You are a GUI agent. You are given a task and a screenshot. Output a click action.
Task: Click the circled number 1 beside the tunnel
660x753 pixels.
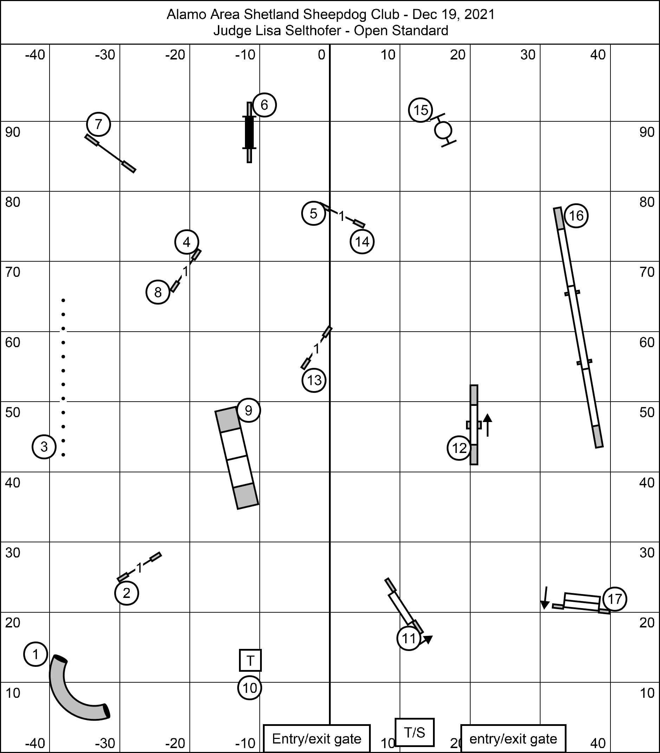(35, 654)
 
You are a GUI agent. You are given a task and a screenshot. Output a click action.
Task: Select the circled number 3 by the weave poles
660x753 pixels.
(44, 447)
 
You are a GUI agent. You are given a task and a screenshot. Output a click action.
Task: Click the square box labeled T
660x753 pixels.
(250, 661)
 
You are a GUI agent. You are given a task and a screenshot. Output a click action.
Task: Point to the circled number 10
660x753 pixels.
(250, 688)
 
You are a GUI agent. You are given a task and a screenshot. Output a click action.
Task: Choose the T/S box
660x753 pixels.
(414, 732)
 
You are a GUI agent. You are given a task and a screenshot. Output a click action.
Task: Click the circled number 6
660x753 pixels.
(264, 106)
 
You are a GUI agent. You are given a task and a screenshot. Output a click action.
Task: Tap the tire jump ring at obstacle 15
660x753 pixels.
(443, 130)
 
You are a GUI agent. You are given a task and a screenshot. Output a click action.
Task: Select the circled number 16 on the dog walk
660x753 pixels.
(576, 216)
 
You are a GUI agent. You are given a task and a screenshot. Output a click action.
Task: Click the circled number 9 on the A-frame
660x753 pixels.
(248, 410)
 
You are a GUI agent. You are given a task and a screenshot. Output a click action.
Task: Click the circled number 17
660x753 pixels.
(615, 599)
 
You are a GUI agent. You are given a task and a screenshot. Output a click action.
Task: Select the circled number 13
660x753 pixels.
(314, 380)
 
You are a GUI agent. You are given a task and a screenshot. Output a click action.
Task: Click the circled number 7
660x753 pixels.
(99, 125)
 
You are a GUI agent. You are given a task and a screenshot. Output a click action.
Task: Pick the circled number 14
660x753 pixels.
(362, 242)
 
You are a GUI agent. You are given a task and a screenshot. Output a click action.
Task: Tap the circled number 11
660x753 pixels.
(409, 638)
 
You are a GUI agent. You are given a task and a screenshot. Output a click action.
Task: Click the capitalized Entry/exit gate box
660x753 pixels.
(317, 739)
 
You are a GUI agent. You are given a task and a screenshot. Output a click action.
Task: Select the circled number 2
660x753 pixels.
(127, 593)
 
